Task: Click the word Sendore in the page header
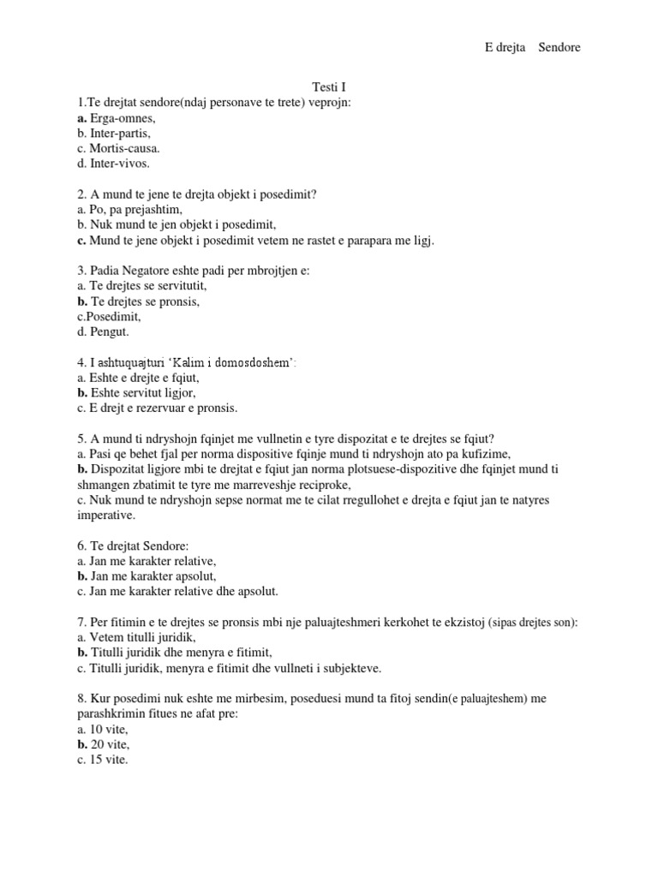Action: [559, 47]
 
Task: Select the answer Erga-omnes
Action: [122, 118]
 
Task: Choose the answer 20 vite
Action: [108, 743]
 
